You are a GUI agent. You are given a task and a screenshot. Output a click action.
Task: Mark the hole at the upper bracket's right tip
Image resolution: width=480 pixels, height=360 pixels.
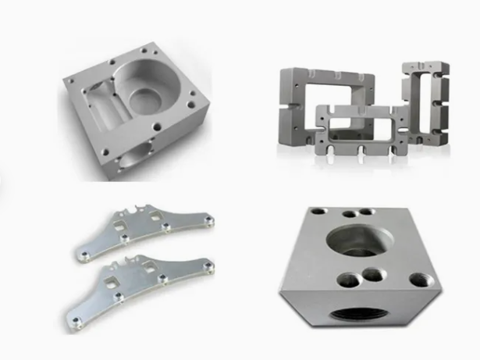[x=208, y=223]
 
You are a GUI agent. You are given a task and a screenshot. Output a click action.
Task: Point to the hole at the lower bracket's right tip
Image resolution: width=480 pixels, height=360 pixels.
[x=206, y=269]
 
